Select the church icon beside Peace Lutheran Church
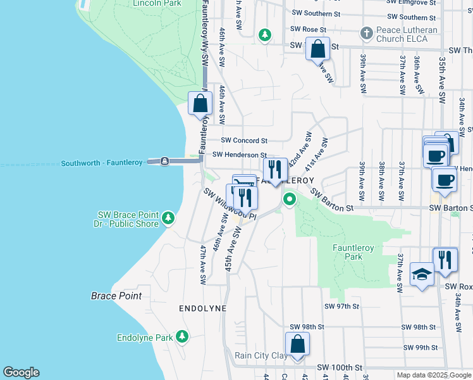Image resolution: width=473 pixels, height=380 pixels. pyautogui.click(x=365, y=33)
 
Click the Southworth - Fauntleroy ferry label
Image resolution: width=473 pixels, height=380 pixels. pyautogui.click(x=102, y=163)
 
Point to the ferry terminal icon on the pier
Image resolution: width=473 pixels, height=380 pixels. pyautogui.click(x=164, y=161)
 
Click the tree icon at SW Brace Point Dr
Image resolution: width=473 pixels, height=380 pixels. pyautogui.click(x=168, y=218)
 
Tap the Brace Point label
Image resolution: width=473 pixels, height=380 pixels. pyautogui.click(x=116, y=296)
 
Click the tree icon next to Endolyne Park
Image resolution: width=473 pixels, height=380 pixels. pyautogui.click(x=182, y=336)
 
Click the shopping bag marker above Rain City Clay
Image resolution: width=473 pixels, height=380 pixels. pyautogui.click(x=297, y=345)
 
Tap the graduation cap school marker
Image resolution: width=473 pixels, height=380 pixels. pyautogui.click(x=421, y=274)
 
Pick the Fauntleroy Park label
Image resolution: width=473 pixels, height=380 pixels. pyautogui.click(x=348, y=252)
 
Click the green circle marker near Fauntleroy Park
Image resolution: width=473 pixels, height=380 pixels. pyautogui.click(x=290, y=200)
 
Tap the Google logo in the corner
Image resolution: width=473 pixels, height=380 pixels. pyautogui.click(x=21, y=372)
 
